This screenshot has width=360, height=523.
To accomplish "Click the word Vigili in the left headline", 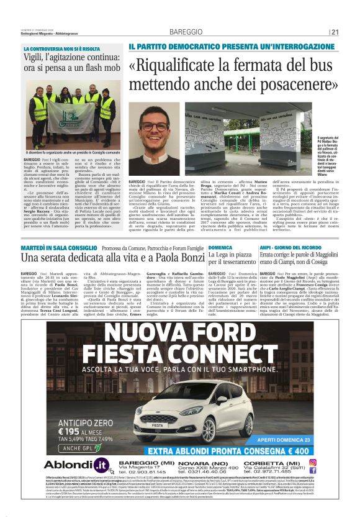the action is pyautogui.click(x=35, y=58).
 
